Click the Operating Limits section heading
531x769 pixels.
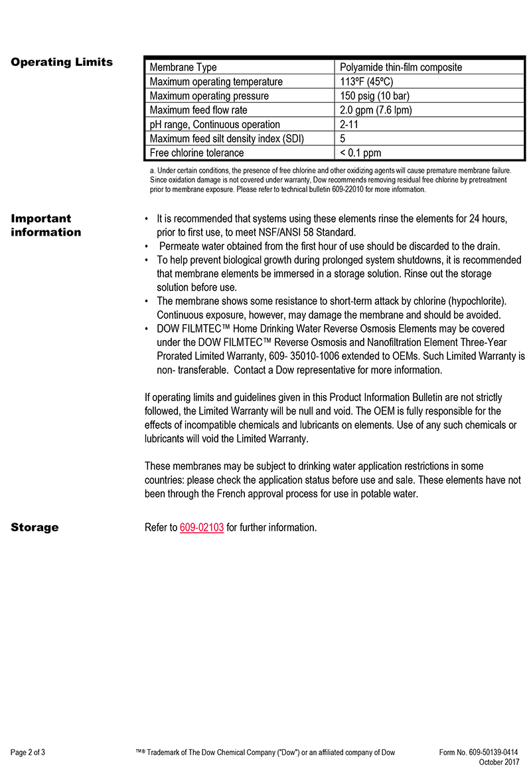click(x=62, y=62)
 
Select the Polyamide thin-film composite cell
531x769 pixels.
click(x=401, y=67)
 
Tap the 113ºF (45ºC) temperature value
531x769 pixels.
click(x=366, y=82)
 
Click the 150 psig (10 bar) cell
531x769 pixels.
click(x=374, y=96)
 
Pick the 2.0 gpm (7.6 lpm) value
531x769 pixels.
click(x=376, y=110)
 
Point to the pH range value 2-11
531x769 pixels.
click(x=350, y=124)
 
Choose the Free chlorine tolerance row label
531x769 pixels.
click(x=196, y=153)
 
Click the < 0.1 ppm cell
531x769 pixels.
click(x=360, y=153)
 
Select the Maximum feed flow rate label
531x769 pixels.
click(x=198, y=110)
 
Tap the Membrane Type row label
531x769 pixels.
click(x=183, y=67)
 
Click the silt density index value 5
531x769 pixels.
click(x=342, y=138)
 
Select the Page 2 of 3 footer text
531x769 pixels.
click(x=28, y=752)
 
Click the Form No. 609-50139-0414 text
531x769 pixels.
click(x=479, y=752)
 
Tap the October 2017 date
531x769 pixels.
click(x=499, y=762)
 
